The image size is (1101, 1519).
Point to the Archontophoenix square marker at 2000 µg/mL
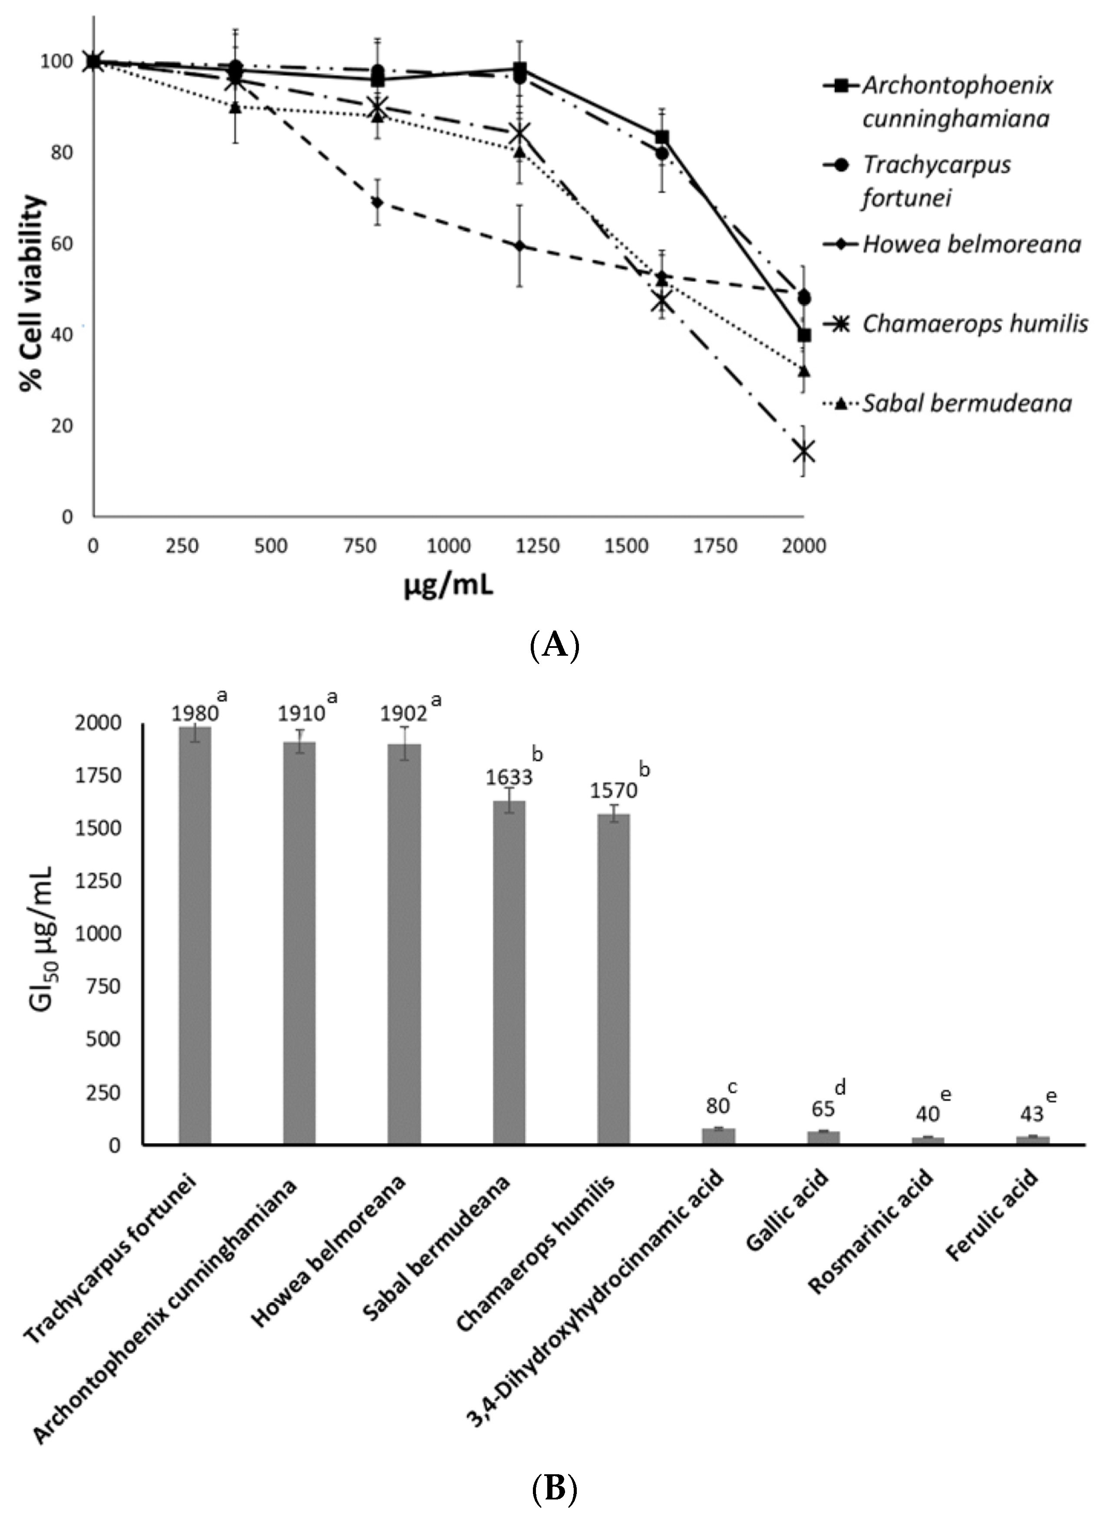804,335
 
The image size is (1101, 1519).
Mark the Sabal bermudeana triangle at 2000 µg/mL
804,370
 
